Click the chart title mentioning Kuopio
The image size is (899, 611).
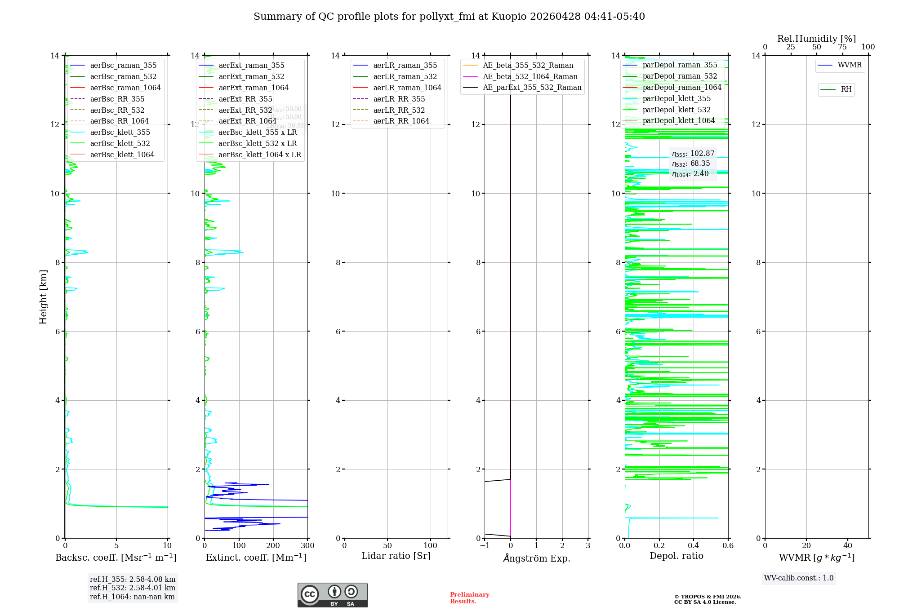tap(449, 17)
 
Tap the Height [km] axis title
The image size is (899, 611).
tap(43, 297)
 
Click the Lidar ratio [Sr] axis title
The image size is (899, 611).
tap(396, 556)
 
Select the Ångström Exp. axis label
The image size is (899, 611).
tap(536, 558)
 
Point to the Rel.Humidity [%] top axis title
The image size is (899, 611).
tap(816, 39)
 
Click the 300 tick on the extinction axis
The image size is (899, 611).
tap(308, 545)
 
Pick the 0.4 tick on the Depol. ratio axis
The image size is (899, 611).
tap(694, 545)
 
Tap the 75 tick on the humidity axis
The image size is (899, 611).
tap(842, 47)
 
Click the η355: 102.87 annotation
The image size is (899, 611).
tap(693, 154)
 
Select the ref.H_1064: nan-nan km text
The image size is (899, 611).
tap(132, 597)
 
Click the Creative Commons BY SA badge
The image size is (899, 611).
tap(332, 595)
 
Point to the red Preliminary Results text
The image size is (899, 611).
tap(469, 598)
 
